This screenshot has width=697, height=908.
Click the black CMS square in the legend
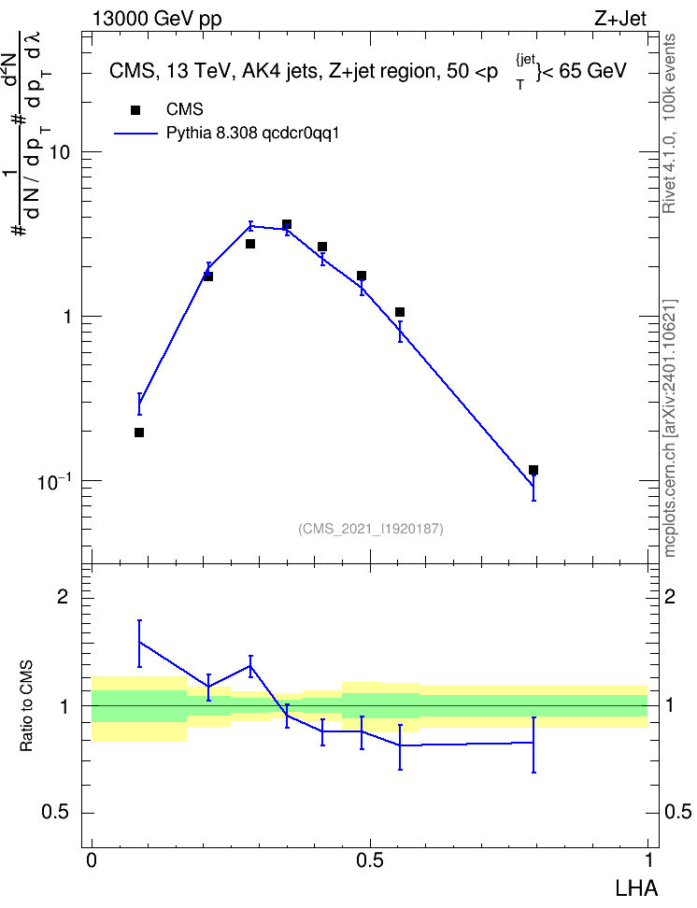135,110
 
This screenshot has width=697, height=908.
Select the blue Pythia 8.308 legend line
135,134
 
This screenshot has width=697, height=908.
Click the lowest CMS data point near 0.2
139,433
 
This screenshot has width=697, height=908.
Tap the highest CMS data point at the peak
287,224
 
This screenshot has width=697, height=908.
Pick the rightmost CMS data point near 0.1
533,470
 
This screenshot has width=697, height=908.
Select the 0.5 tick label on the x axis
370,860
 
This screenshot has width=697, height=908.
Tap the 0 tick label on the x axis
92,860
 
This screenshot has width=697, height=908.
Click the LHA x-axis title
636,888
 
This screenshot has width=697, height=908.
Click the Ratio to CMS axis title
27,706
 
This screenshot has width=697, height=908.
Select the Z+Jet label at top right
619,19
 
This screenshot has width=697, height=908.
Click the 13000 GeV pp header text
156,19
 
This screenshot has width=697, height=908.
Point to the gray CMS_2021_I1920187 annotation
371,529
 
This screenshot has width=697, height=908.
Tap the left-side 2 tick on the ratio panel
63,596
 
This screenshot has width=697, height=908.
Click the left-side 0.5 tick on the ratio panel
56,813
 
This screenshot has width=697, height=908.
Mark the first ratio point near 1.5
139,642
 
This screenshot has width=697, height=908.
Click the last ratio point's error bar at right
533,745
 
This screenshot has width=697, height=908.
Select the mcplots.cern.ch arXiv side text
670,429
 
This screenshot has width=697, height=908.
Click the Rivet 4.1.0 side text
670,123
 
